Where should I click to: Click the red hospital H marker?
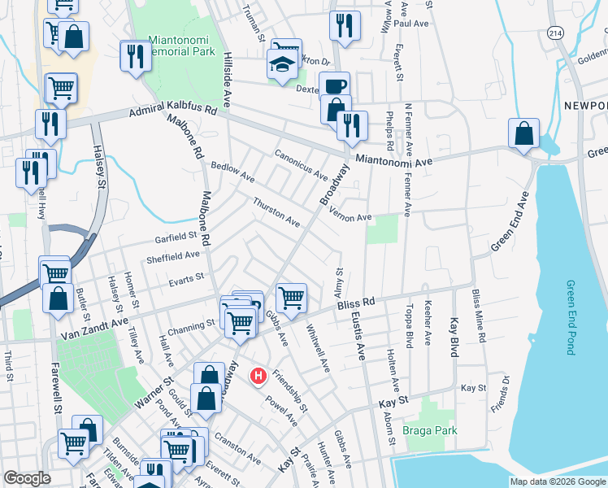(x=258, y=377)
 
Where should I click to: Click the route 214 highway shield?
(x=555, y=33)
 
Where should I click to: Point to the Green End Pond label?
(x=571, y=317)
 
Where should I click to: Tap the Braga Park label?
(x=434, y=430)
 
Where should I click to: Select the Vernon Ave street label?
(x=350, y=216)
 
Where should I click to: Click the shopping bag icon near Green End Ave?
(x=523, y=133)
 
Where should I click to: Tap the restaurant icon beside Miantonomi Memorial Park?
(x=133, y=55)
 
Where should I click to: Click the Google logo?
(x=26, y=478)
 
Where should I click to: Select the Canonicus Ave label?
(x=301, y=165)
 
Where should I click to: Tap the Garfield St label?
(x=176, y=237)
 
